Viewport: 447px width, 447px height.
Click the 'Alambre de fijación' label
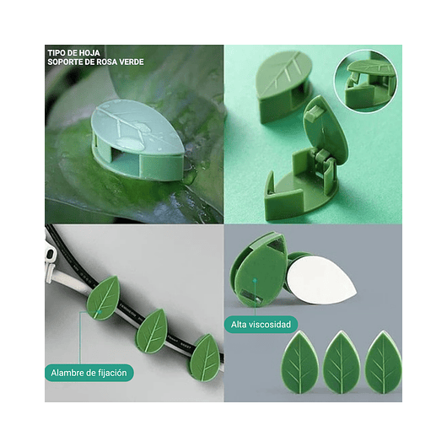click(90, 372)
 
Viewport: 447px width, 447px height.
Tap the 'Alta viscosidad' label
click(261, 324)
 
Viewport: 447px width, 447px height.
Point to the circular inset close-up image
click(364, 79)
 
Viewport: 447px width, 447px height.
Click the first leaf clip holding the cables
click(103, 298)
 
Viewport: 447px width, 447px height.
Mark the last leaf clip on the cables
click(204, 356)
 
